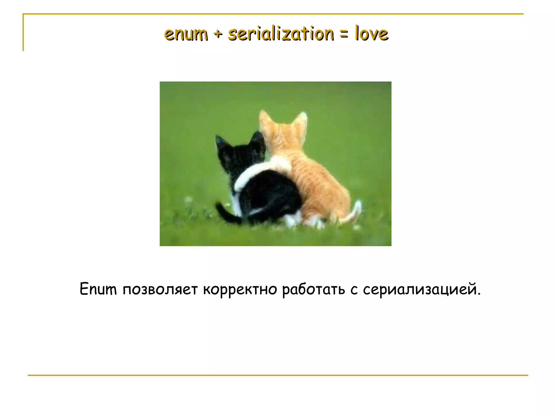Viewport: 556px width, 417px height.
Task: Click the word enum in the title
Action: pyautogui.click(x=186, y=34)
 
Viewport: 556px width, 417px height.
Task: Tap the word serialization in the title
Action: pyautogui.click(x=281, y=34)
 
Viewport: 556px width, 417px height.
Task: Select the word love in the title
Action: pyautogui.click(x=372, y=34)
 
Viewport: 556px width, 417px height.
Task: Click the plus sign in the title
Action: pyautogui.click(x=217, y=35)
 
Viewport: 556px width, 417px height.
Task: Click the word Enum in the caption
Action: pyautogui.click(x=98, y=289)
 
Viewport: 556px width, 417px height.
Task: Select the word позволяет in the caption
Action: pyautogui.click(x=160, y=289)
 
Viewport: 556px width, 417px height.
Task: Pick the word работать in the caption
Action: pyautogui.click(x=313, y=289)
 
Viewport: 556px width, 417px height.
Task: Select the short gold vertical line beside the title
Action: pyautogui.click(x=23, y=33)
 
